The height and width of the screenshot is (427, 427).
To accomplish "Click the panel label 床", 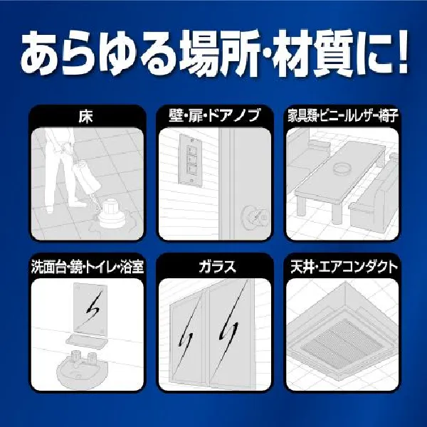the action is [85, 116].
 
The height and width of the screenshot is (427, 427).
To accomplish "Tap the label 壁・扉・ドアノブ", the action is [214, 115].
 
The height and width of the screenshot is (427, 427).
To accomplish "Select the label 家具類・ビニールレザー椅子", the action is [343, 115].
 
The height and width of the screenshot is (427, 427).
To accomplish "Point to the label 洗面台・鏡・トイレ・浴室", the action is [88, 266].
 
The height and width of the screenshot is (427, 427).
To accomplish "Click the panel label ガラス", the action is [217, 266].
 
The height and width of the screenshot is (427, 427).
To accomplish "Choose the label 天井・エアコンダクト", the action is [344, 266].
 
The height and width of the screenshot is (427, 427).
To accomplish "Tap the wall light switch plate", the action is [191, 161].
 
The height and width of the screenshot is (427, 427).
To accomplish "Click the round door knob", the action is [254, 218].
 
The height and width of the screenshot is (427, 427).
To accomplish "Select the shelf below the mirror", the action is [87, 342].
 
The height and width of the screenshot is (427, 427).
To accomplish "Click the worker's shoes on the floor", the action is [65, 206].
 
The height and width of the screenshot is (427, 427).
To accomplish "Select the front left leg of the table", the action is [302, 207].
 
